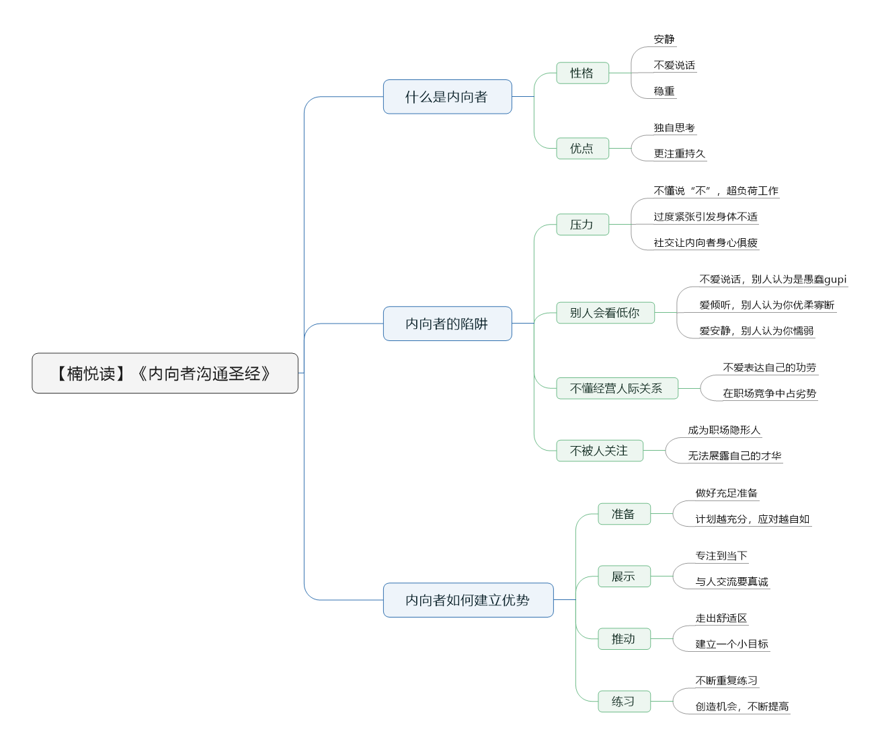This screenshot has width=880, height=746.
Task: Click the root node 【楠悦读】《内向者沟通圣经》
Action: pos(165,373)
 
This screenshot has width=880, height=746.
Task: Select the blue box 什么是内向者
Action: pos(448,97)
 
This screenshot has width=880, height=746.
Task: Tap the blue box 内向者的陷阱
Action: pos(448,324)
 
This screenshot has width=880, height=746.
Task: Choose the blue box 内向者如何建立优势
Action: pos(469,600)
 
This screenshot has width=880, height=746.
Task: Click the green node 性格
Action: pos(582,73)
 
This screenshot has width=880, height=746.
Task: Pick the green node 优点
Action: pos(582,148)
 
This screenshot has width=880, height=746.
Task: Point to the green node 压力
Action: pos(582,224)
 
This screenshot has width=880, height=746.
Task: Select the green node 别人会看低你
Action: pos(606,313)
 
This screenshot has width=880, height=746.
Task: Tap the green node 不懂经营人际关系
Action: pos(617,388)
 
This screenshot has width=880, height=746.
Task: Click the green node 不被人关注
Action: pos(600,450)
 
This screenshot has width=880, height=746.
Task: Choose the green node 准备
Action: pos(624,514)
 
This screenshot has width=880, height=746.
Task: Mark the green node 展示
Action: pos(624,576)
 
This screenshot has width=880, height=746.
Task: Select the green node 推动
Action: pos(624,638)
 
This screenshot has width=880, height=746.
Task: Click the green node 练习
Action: pos(624,701)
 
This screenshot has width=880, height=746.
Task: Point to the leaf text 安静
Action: pos(664,39)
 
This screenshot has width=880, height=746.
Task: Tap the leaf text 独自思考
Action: pos(674,127)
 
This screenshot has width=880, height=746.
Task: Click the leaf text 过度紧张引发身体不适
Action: pos(705,217)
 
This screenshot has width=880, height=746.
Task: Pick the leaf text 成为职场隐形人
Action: pos(724,430)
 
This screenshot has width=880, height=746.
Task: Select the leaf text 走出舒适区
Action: pos(721,618)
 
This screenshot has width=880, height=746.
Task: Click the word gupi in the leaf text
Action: pos(836,280)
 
